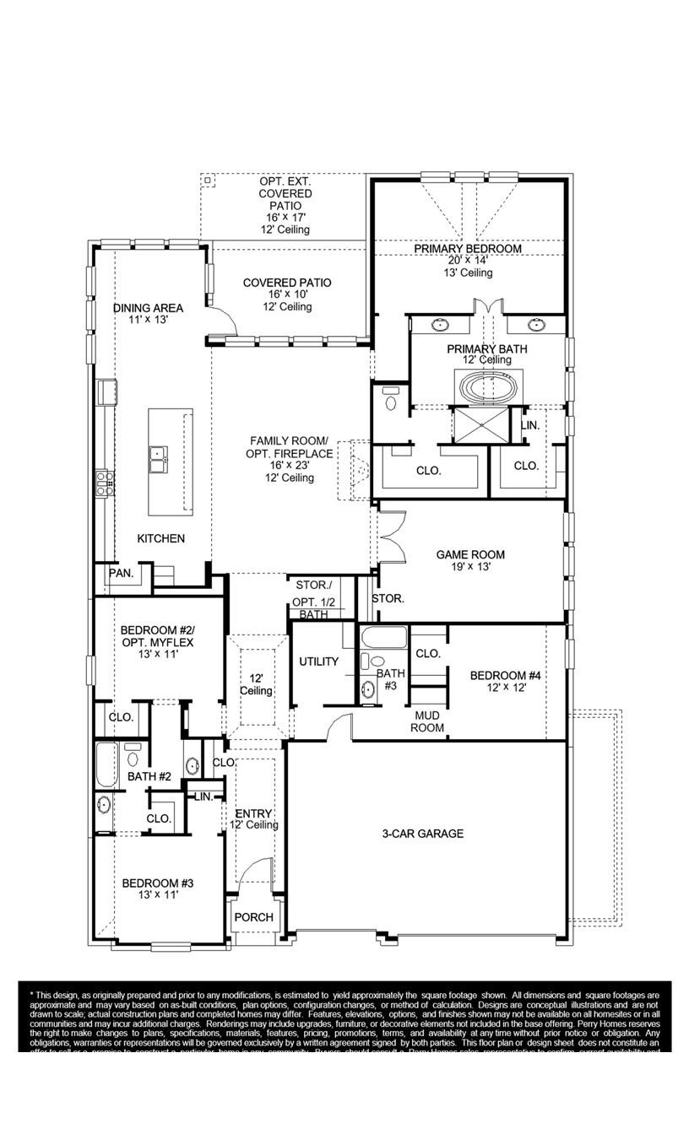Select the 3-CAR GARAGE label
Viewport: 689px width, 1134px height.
[422, 834]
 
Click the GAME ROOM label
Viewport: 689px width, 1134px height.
[470, 554]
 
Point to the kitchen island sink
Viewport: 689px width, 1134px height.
[158, 460]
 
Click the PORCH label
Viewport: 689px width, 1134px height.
[253, 917]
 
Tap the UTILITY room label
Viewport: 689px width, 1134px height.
[318, 661]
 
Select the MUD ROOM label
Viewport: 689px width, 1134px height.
[427, 721]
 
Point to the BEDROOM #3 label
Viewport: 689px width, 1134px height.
[158, 883]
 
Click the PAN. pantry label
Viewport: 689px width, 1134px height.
[121, 573]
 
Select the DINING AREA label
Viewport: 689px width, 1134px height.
[149, 308]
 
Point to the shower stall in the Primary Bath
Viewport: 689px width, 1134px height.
[478, 424]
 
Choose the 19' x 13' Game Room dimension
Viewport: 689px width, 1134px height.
[470, 567]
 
